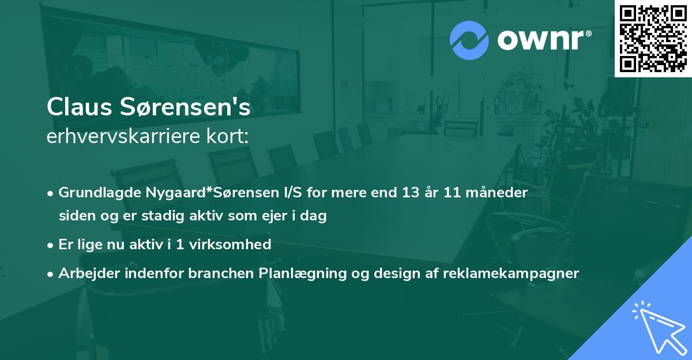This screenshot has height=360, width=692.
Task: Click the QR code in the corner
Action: [x=653, y=38]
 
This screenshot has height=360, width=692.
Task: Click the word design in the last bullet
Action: [x=396, y=273]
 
